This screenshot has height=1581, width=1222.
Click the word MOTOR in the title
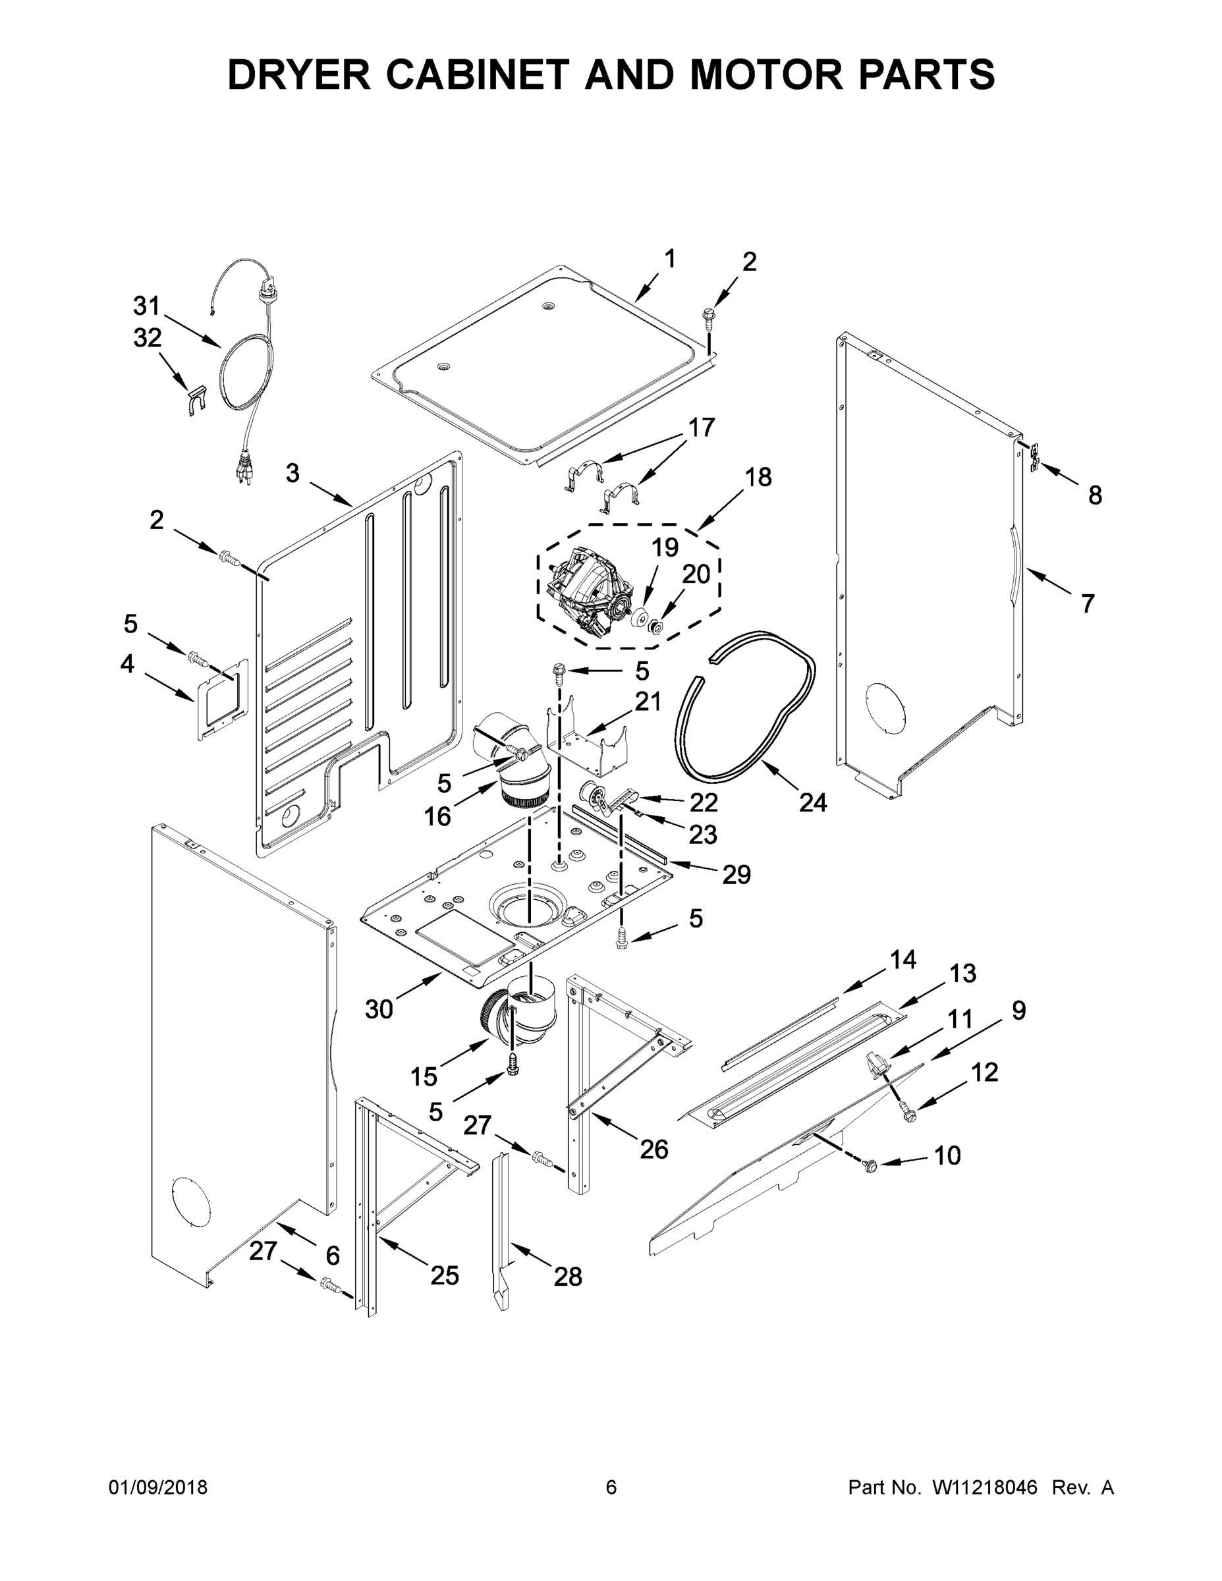765,74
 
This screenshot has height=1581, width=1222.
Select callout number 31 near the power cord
146,306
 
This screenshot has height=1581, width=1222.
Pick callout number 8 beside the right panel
1095,495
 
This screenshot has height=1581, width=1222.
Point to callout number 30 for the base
379,1009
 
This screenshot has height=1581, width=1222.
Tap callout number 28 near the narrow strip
568,1277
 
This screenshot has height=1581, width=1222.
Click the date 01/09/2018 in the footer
158,1487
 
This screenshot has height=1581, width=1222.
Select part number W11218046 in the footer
985,1487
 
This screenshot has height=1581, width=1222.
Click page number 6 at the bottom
611,1487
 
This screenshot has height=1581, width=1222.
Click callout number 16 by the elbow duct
437,817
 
